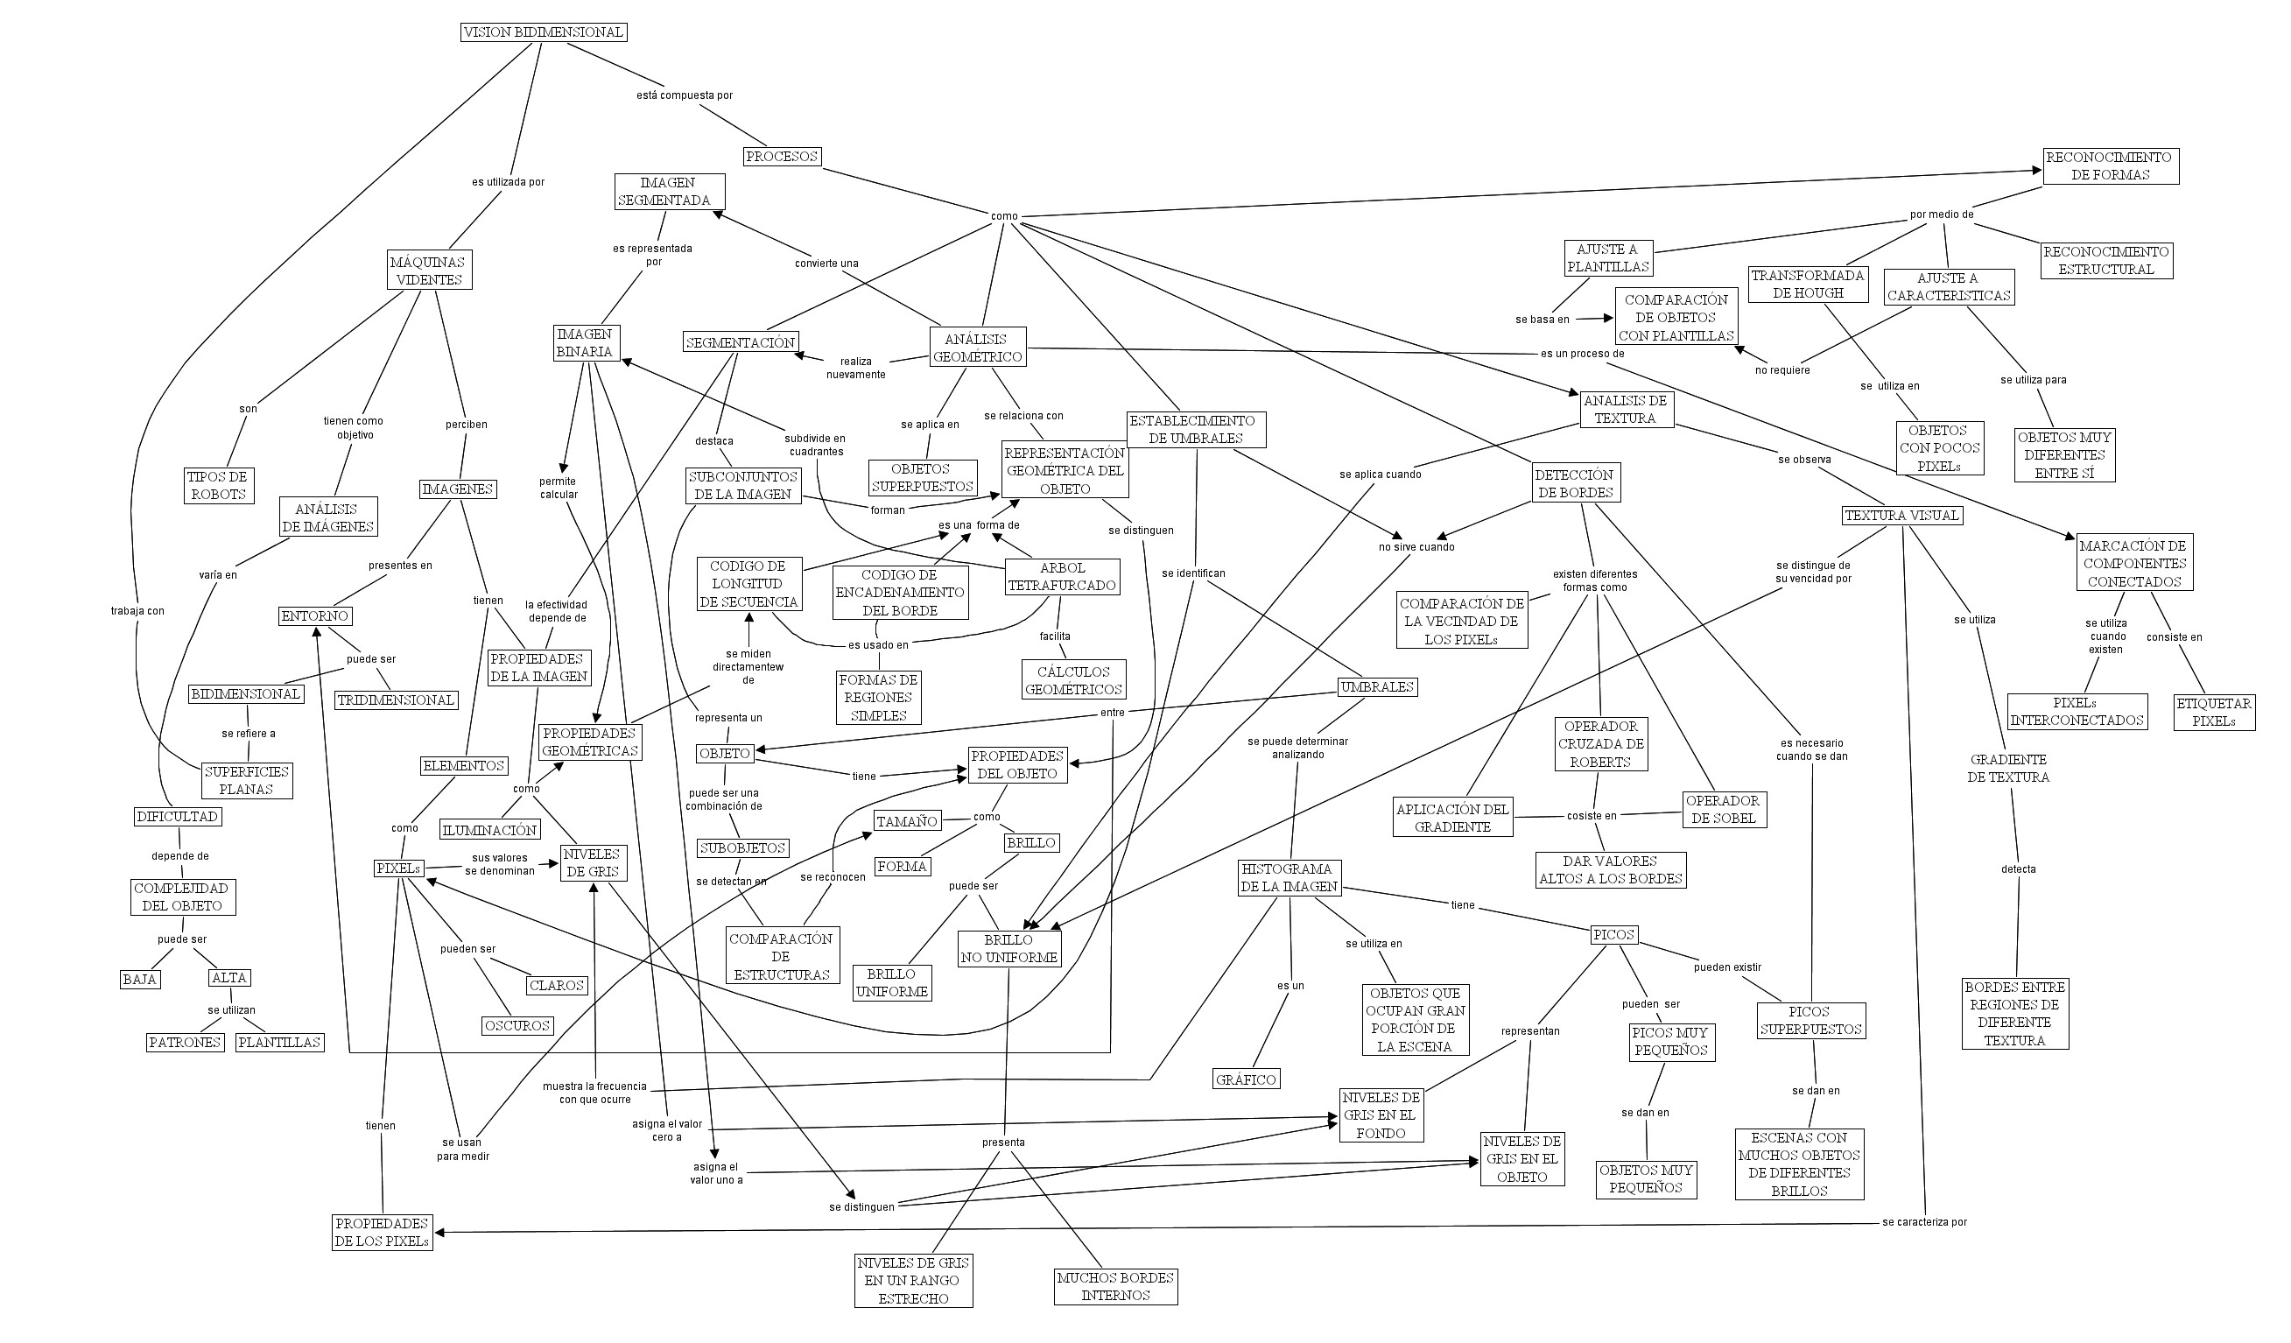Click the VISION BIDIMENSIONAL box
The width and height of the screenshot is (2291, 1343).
point(544,32)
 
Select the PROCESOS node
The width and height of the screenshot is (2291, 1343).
point(782,157)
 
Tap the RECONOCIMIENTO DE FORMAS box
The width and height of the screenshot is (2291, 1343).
point(2110,165)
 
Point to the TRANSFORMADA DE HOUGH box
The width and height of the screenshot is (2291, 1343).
point(1808,284)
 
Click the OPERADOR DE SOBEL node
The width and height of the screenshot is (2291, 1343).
point(1722,809)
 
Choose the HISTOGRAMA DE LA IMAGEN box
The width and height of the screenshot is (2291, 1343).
point(1290,877)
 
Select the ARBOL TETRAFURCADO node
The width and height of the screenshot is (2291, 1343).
point(1062,576)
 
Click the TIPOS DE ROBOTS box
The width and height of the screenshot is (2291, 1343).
point(217,486)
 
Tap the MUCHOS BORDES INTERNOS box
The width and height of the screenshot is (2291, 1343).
point(1115,1287)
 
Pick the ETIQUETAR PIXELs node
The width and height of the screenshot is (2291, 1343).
point(2214,712)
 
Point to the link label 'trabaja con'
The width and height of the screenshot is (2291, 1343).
point(137,611)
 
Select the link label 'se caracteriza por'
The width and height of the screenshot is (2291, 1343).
point(1923,1222)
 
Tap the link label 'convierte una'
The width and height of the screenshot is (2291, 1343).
point(826,264)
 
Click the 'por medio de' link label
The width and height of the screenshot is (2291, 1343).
point(1941,214)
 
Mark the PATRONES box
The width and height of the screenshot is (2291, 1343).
point(186,1042)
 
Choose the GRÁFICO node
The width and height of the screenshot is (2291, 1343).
point(1246,1079)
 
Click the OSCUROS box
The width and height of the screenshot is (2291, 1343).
point(517,1026)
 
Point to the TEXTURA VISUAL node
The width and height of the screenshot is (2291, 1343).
point(1901,516)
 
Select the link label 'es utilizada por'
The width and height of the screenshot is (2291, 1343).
point(509,182)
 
